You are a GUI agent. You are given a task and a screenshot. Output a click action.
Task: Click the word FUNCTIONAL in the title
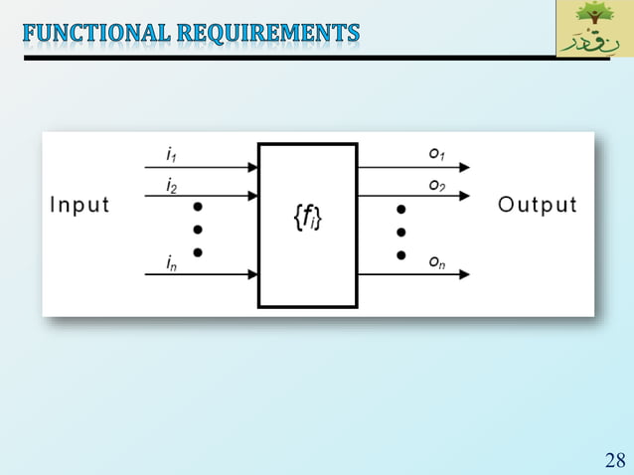95,33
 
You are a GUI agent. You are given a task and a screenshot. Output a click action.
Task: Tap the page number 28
614,459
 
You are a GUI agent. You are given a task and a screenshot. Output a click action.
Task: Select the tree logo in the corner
594,28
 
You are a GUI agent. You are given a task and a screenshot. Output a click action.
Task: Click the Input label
79,206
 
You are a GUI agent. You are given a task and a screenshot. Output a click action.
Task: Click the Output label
537,206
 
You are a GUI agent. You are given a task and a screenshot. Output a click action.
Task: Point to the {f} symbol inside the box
307,218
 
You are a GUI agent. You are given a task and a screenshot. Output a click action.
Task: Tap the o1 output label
436,154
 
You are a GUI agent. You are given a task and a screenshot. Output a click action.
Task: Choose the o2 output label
436,185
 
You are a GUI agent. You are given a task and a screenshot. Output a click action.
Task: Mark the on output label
436,261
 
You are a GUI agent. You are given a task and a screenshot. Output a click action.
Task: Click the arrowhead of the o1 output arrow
464,168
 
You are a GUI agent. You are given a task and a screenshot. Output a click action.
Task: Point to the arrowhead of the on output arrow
464,274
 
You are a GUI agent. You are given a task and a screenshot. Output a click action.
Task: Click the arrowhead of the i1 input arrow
252,168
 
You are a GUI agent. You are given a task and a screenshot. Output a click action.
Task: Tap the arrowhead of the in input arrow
252,274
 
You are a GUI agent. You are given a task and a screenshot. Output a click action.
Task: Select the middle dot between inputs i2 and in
198,230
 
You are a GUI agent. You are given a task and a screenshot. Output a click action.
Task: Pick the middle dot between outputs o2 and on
400,233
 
